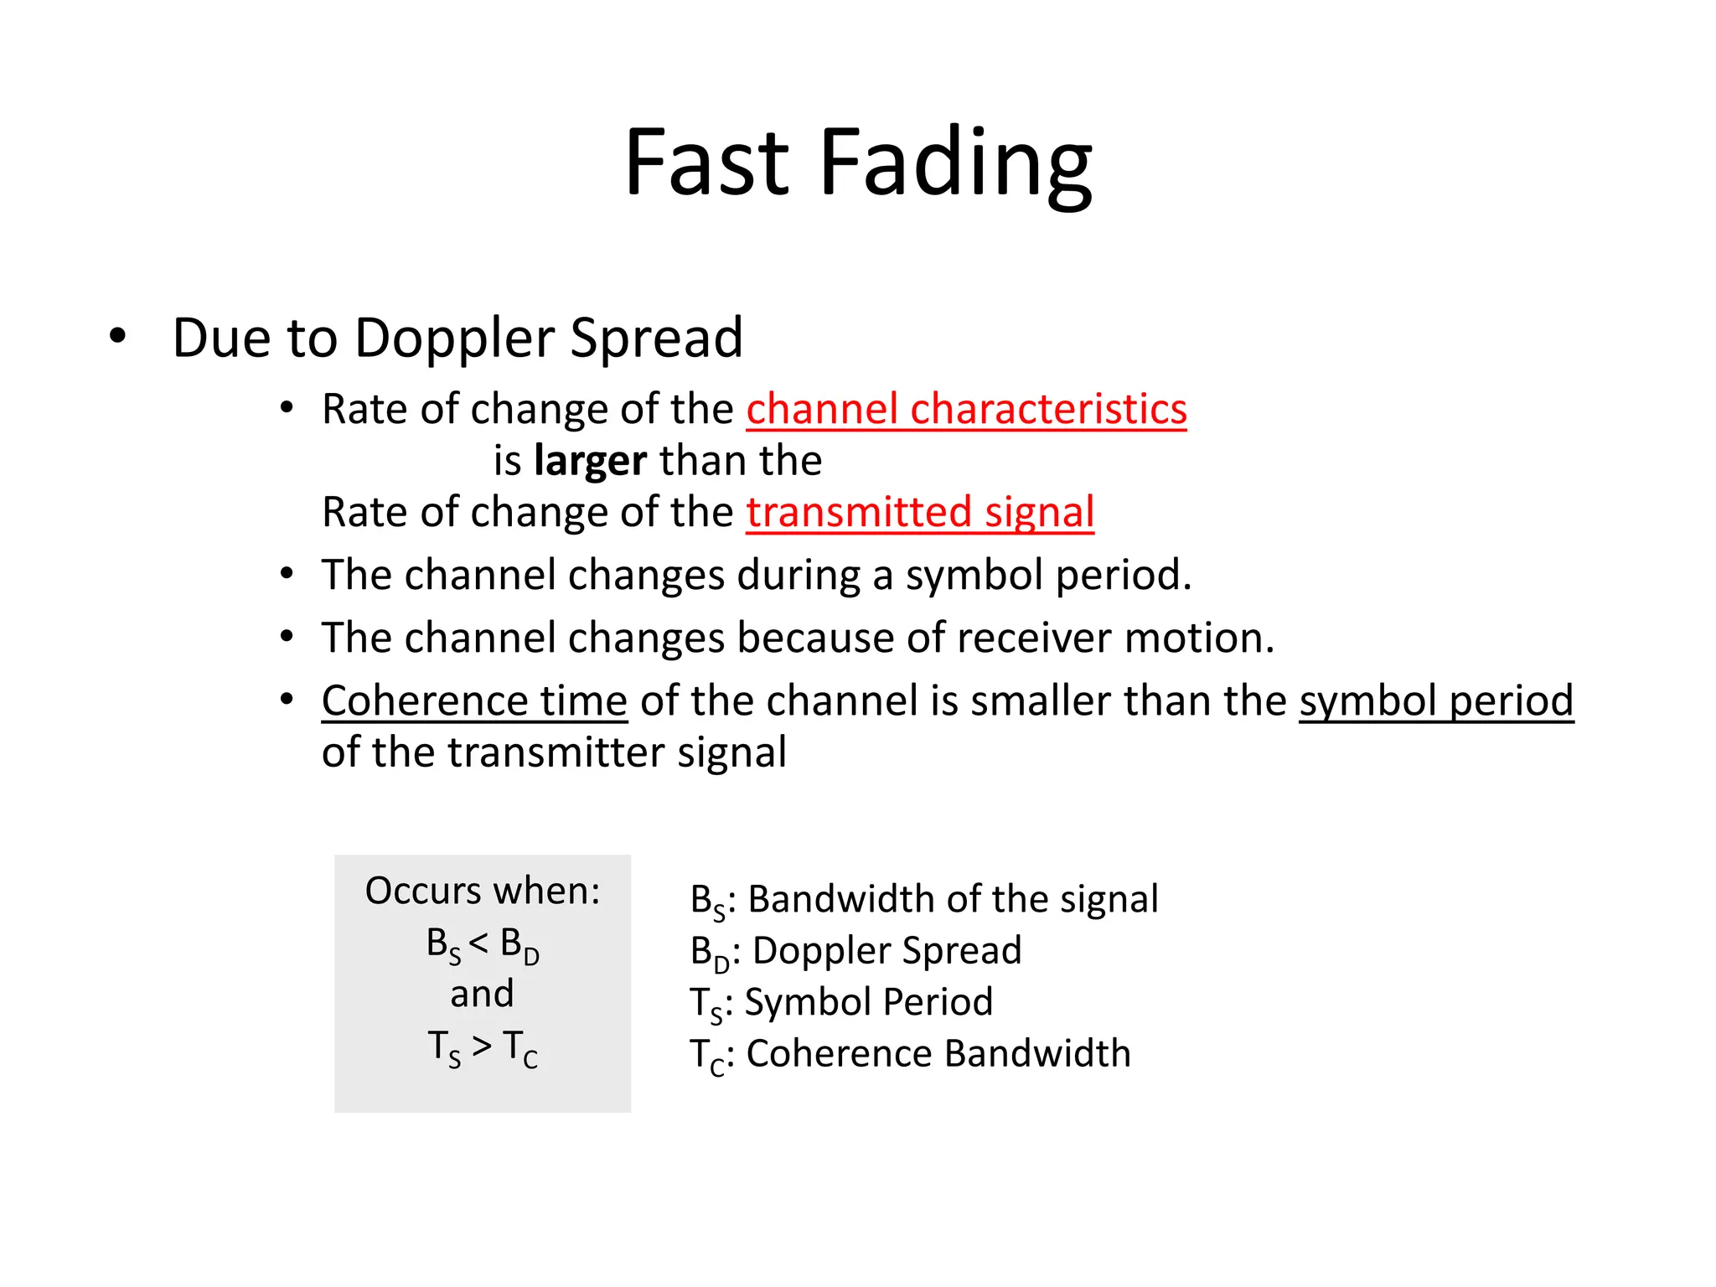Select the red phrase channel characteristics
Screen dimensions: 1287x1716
tap(966, 410)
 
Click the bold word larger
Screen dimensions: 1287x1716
tap(590, 461)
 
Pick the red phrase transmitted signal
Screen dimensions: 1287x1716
tap(920, 512)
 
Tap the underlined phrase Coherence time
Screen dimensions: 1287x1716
tap(474, 700)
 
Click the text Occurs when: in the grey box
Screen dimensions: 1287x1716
tap(483, 891)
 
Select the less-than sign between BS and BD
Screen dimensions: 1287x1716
tap(478, 943)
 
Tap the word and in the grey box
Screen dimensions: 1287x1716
tap(482, 995)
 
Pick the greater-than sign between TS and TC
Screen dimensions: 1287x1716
tap(482, 1046)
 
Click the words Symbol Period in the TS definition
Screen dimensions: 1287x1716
tap(868, 1002)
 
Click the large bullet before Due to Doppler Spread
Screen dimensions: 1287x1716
tap(117, 337)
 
